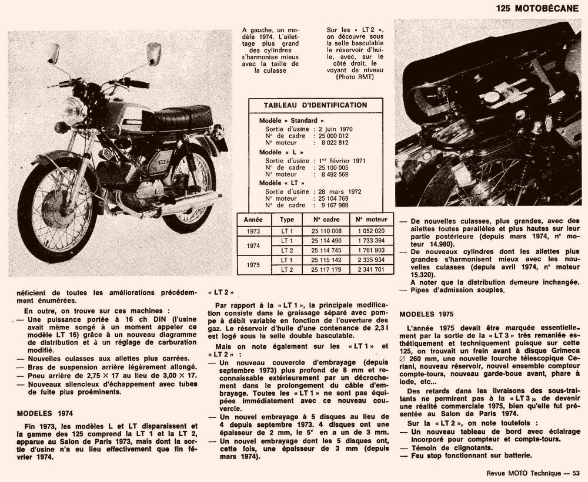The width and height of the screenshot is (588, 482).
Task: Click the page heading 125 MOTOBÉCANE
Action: (x=538, y=8)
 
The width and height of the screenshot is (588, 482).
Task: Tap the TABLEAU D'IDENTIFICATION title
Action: (x=315, y=105)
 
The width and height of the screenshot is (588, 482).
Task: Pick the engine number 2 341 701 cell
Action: (x=371, y=269)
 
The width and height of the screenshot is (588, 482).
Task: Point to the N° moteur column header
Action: (x=371, y=219)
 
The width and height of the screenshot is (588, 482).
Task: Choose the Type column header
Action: (x=287, y=219)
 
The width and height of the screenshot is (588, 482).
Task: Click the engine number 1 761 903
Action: (x=371, y=250)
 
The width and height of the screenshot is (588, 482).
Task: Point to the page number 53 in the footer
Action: (x=576, y=474)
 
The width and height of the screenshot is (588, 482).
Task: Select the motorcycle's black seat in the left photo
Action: (x=183, y=116)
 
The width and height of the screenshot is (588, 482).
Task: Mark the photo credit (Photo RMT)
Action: (x=355, y=77)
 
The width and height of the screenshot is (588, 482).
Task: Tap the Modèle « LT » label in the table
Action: (x=278, y=183)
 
